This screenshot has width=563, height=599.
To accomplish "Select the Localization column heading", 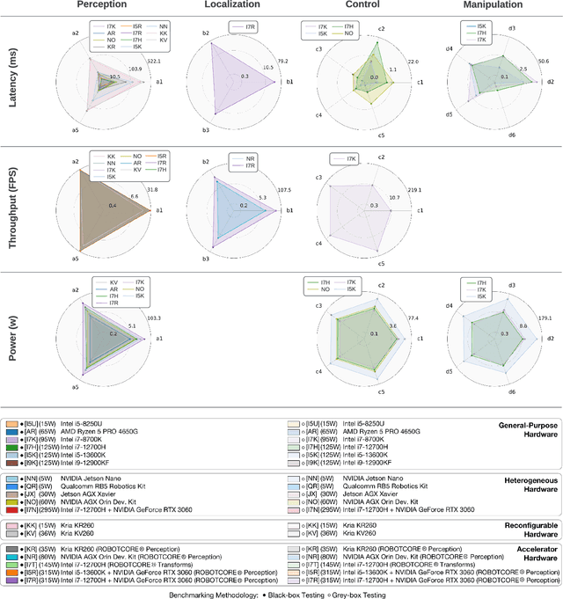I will [230, 7].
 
